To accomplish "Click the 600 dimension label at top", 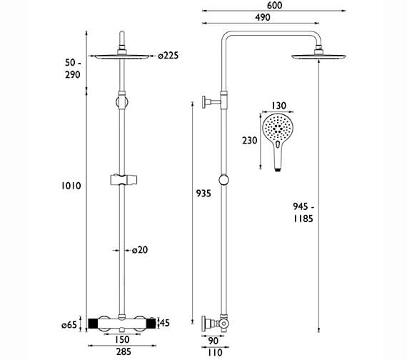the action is point(274,5).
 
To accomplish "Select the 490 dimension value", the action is point(263,17).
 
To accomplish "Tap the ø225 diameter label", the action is point(169,56).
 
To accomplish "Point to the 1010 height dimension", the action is point(71,186).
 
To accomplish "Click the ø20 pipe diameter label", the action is point(140,250).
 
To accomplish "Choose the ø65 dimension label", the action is point(69,325).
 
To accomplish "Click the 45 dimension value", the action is point(164,323).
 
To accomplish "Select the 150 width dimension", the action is point(121,339).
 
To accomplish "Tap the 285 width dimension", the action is point(124,351).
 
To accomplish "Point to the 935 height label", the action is point(203,194).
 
